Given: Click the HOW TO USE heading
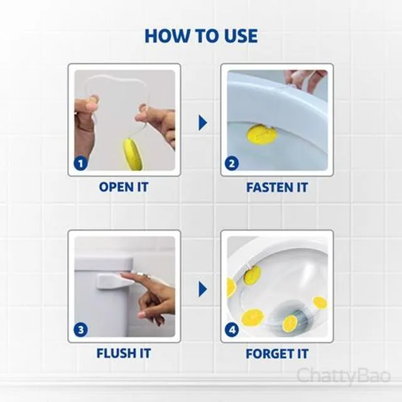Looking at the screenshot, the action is point(201,36).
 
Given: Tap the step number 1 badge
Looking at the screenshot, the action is point(80,163).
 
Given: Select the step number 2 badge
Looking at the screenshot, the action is point(232,163).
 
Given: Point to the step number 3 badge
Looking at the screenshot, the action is point(80,330).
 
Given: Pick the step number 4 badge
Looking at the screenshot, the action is point(232,330).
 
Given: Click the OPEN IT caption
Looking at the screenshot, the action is point(124,187).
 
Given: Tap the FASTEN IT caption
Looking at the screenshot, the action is point(277,187).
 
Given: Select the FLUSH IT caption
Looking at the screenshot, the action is point(124,353).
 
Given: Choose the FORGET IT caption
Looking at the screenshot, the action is point(277,354).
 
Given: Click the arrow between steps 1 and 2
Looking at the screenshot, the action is point(202,123).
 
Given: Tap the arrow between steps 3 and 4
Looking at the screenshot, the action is point(202,290).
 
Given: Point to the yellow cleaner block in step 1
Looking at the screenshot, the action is point(133,154).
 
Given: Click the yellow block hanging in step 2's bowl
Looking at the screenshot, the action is point(262,134).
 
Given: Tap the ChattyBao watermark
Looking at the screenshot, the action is point(344,376).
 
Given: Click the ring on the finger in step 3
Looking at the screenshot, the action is point(145,275).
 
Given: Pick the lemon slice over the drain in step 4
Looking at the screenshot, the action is point(290,323).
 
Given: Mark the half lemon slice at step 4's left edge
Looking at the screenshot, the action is point(231,286).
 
